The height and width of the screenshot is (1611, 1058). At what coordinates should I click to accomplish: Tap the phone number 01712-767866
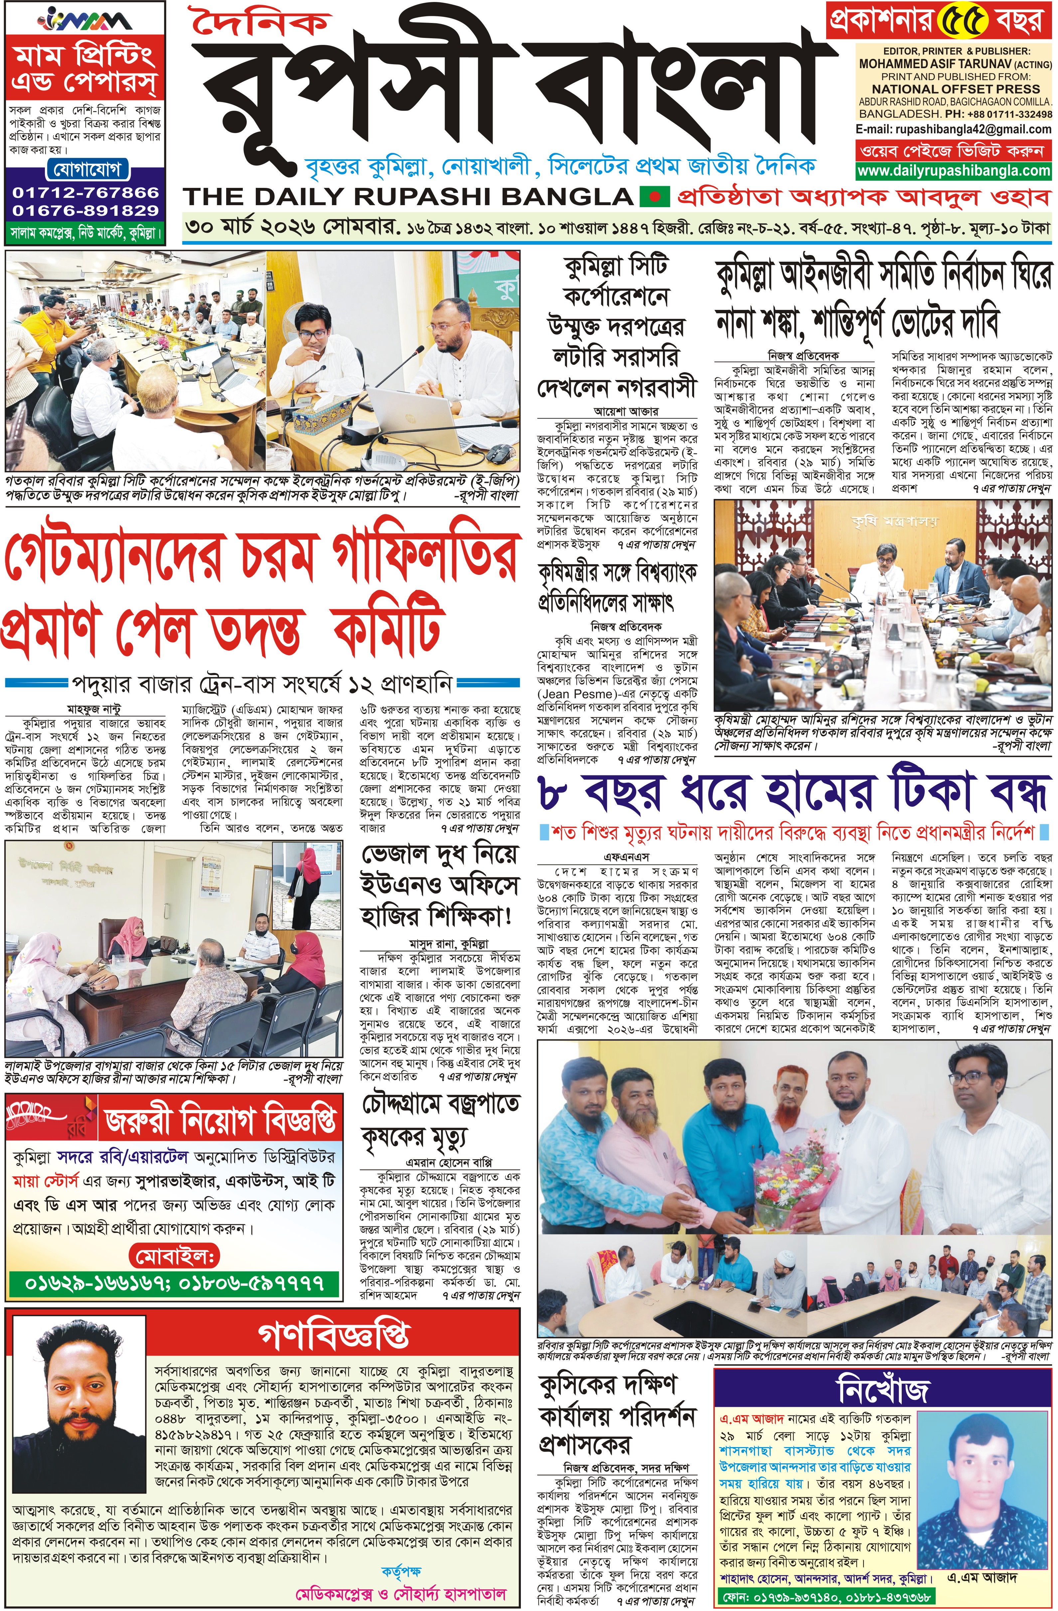pos(85,192)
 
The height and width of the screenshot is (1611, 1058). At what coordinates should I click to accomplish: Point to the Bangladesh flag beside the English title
pos(654,197)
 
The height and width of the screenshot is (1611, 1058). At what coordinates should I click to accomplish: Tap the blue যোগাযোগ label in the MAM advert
pos(85,169)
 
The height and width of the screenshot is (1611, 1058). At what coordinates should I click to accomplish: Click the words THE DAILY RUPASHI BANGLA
pos(407,197)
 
